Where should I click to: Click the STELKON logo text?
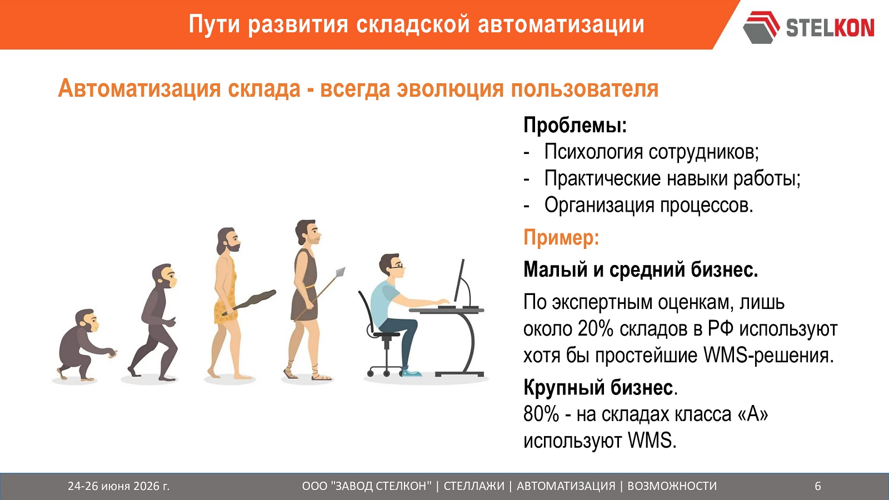(x=830, y=27)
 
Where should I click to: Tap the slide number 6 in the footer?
(x=818, y=486)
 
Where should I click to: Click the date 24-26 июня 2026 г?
(x=119, y=486)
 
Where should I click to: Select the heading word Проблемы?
(x=575, y=125)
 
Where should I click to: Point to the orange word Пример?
(x=561, y=238)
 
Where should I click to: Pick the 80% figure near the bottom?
(x=541, y=414)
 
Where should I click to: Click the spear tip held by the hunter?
(x=340, y=272)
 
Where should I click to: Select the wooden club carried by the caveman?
(x=249, y=302)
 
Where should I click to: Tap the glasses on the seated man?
(x=397, y=266)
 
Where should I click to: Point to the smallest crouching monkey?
(x=84, y=344)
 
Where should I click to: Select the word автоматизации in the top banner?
(x=561, y=24)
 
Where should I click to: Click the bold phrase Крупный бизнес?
(x=598, y=387)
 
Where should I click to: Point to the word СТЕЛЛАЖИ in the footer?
(x=474, y=486)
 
